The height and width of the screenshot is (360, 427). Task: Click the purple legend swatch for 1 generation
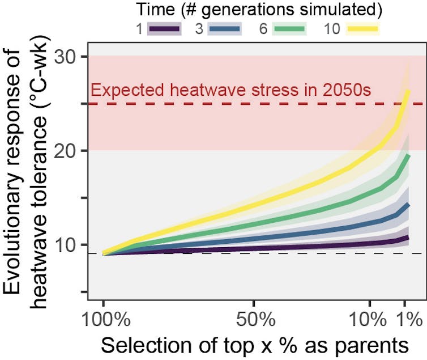(164, 28)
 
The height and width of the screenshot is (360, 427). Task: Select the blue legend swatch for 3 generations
(225, 28)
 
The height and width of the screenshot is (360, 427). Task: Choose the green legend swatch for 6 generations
(289, 28)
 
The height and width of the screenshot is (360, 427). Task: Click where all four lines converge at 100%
(104, 253)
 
